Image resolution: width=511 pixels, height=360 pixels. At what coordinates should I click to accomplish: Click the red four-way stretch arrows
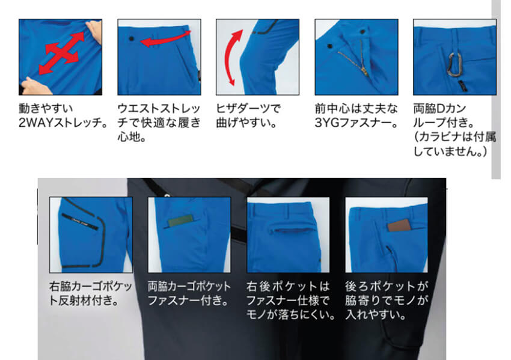point(60,55)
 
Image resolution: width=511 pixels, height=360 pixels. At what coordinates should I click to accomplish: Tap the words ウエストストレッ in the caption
point(159,109)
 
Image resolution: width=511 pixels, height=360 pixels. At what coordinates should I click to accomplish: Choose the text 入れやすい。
point(376,314)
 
